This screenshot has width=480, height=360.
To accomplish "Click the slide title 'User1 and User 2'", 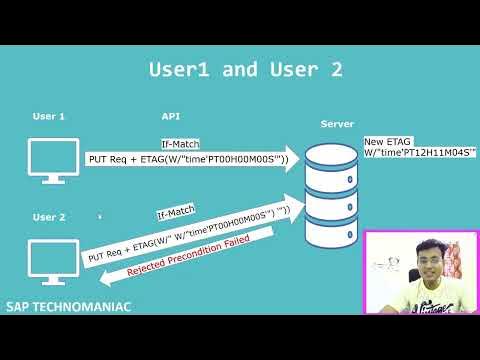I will point(245,69).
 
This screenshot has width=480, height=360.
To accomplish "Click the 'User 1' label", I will point(49,117).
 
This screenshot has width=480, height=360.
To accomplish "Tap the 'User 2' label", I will point(49,217).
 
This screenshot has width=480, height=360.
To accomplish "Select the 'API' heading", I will point(170,117).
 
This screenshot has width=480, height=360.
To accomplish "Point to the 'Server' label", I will point(337,123).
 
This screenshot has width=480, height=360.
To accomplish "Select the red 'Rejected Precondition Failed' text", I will point(186,257).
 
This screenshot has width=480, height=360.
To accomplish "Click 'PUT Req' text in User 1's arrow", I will point(109,160).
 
